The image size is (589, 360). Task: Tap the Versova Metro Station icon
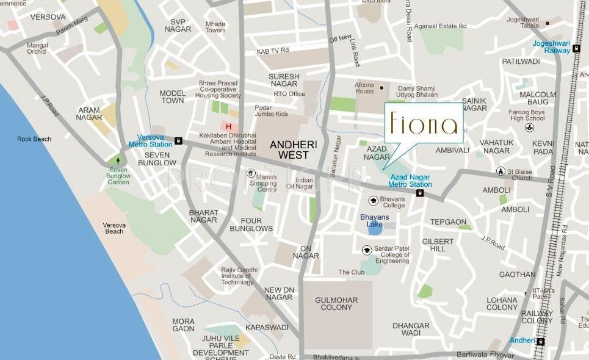(178, 140)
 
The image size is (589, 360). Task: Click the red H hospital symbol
(229, 126)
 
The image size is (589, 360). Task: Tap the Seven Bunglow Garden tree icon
(118, 160)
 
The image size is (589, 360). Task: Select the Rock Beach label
(34, 139)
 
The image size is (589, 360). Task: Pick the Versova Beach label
(114, 228)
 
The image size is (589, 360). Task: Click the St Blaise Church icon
(501, 171)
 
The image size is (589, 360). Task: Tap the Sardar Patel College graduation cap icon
(367, 250)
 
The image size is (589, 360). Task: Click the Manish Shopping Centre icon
(250, 174)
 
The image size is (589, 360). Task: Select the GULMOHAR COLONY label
(333, 303)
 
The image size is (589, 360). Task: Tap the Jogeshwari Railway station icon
(576, 49)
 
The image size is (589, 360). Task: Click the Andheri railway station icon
(541, 340)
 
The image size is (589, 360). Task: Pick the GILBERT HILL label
(438, 245)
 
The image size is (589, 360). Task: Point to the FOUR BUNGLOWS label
(251, 225)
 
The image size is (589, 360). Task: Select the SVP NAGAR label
(178, 26)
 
